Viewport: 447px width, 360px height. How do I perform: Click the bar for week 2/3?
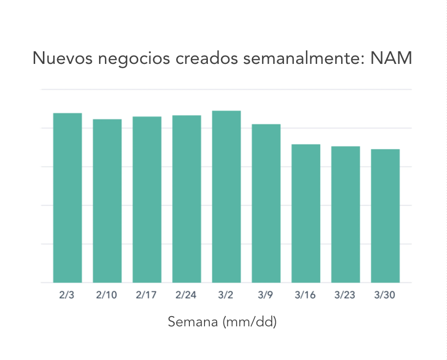67,198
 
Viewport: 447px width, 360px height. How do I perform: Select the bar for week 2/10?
107,200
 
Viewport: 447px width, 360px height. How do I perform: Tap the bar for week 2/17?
147,199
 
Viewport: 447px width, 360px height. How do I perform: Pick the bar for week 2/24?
187,199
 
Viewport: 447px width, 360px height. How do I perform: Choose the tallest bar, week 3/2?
226,196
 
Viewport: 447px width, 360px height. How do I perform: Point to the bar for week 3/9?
266,203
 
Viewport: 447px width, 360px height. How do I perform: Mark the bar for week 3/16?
306,213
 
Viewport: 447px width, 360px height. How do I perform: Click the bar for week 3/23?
345,214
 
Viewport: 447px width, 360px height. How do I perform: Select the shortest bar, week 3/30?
386,216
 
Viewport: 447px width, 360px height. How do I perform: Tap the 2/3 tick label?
67,296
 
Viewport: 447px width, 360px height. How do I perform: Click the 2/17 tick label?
147,296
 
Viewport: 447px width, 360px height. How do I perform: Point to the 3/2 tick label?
226,296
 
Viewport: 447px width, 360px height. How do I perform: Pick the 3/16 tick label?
306,296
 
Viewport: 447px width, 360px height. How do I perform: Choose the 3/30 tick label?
386,296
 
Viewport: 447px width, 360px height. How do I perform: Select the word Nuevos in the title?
62,59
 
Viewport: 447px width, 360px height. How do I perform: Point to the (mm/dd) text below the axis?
249,322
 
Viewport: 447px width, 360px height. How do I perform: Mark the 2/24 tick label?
187,296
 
